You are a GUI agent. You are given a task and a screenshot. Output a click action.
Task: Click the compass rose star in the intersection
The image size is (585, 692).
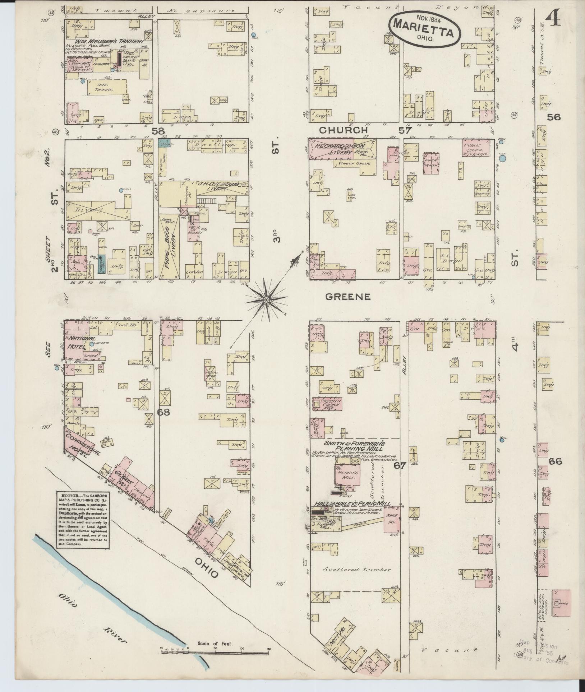pyautogui.click(x=266, y=299)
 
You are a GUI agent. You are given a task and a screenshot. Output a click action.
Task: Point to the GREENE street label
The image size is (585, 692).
pyautogui.click(x=347, y=297)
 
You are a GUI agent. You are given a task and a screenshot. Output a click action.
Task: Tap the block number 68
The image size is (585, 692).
pyautogui.click(x=164, y=412)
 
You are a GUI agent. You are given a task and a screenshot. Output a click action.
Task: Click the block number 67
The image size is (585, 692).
pyautogui.click(x=399, y=466)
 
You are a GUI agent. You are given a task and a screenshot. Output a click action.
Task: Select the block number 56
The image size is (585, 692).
pyautogui.click(x=554, y=117)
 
